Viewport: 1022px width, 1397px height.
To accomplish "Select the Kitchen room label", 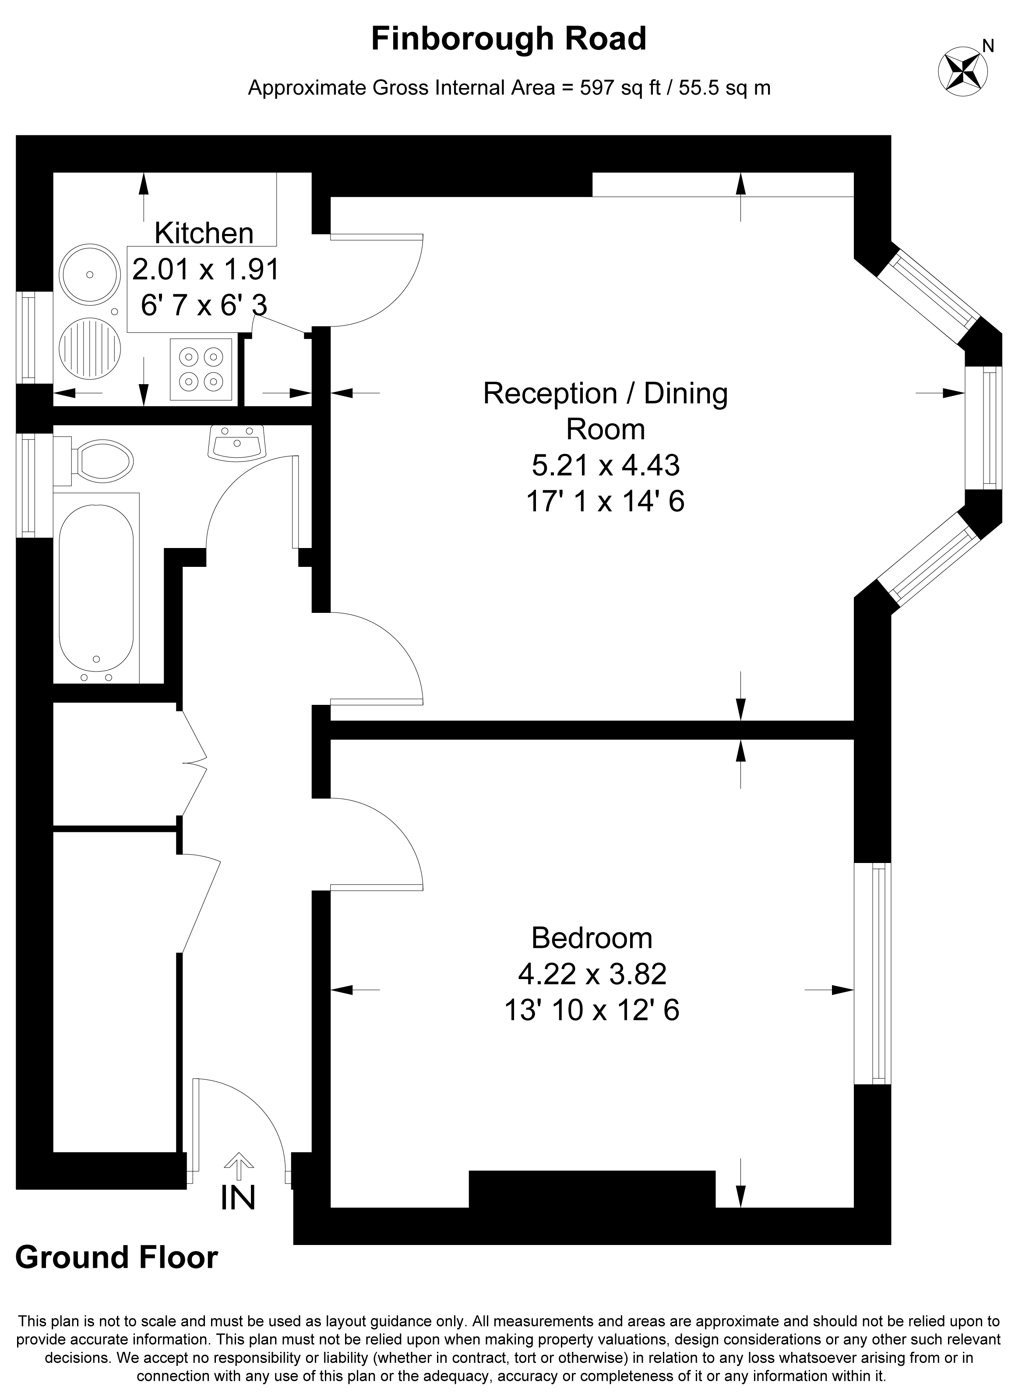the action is tap(204, 233).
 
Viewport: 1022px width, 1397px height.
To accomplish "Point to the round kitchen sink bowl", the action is tap(90, 274).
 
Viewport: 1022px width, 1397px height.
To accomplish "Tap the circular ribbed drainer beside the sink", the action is tap(90, 348).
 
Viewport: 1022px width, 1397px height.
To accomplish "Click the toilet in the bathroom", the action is tap(94, 460).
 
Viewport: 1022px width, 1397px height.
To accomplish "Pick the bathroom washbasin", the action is tap(237, 442).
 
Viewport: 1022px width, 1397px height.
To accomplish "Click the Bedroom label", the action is tap(592, 938).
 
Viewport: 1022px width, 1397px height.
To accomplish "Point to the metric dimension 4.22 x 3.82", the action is tap(592, 974).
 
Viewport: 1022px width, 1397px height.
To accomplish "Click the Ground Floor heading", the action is tap(116, 1258).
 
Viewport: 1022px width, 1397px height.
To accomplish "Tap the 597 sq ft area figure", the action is tap(620, 88).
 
